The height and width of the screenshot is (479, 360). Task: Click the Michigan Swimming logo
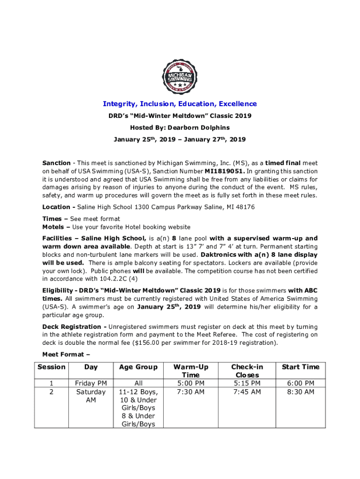coord(180,76)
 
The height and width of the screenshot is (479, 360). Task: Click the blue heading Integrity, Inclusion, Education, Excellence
coord(180,104)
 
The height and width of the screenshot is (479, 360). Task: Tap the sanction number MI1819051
coord(224,171)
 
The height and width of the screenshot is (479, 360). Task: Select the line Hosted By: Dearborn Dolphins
coord(180,128)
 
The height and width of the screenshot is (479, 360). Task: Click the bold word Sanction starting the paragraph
coord(57,163)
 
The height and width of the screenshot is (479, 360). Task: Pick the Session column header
coord(51,367)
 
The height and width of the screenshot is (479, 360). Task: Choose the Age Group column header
coord(138,367)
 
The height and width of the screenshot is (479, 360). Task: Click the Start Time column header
coord(301,367)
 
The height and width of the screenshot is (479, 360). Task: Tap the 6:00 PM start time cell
coord(301,384)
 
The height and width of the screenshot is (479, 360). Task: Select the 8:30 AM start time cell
coord(301,392)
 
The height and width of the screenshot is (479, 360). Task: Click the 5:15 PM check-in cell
coord(247,384)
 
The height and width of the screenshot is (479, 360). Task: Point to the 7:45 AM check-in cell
coord(247,392)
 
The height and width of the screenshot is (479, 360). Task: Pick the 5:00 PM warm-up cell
coord(191,384)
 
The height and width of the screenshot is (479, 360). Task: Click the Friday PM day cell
coord(91,384)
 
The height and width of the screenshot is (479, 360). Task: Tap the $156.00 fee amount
coord(201,343)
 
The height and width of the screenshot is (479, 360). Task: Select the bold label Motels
coord(53,227)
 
